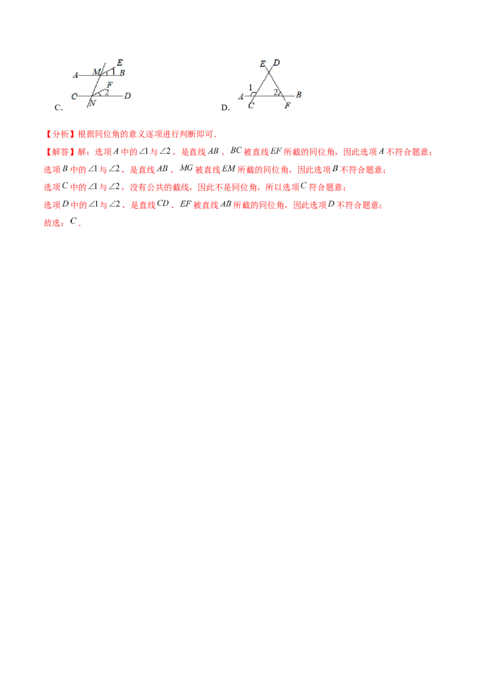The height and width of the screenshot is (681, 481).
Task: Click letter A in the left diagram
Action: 76,75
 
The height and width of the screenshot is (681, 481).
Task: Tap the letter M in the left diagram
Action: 96,72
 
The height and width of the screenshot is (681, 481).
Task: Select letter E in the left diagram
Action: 120,63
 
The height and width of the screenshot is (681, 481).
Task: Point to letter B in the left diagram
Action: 122,73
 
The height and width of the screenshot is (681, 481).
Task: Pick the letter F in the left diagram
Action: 109,85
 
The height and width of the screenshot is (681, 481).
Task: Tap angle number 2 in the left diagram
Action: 106,92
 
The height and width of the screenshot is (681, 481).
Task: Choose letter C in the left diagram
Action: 74,96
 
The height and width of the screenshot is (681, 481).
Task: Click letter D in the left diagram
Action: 128,96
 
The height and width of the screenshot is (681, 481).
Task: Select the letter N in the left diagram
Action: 92,103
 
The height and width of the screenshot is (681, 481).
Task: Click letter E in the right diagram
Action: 263,64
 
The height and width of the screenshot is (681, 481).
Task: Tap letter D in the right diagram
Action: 276,63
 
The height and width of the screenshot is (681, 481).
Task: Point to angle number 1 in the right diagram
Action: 250,88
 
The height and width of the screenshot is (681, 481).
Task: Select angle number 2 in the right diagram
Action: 275,92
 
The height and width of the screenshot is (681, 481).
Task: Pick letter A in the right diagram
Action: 241,96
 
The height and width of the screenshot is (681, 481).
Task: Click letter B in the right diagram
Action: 299,95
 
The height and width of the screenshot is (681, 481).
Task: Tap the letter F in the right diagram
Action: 287,106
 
